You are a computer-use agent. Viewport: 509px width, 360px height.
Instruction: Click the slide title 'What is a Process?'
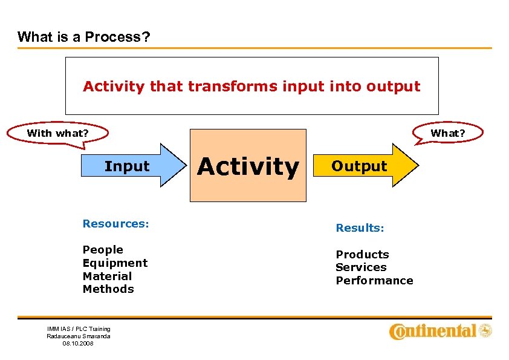click(x=84, y=37)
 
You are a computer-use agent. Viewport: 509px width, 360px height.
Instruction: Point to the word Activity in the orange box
click(x=248, y=166)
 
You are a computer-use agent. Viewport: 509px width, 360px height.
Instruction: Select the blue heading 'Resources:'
click(x=115, y=224)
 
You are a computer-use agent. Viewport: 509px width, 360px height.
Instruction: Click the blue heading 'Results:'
click(x=360, y=228)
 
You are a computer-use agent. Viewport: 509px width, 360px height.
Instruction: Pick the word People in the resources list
click(x=103, y=250)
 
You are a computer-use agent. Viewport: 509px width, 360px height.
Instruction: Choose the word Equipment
click(x=115, y=263)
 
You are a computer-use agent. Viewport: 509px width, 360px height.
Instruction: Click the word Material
click(x=107, y=276)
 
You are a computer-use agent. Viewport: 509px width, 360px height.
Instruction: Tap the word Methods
click(x=108, y=289)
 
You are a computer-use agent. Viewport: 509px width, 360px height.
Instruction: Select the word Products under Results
click(x=362, y=255)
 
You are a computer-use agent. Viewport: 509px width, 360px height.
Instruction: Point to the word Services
click(x=361, y=267)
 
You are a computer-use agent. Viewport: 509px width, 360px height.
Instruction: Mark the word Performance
click(x=374, y=281)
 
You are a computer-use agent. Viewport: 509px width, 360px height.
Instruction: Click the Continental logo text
click(x=433, y=331)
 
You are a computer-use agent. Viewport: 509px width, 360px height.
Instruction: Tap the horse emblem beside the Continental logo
click(x=485, y=330)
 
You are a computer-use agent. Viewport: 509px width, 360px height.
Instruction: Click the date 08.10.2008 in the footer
click(x=78, y=343)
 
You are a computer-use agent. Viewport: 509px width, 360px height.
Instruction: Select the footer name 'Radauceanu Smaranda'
click(x=79, y=336)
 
